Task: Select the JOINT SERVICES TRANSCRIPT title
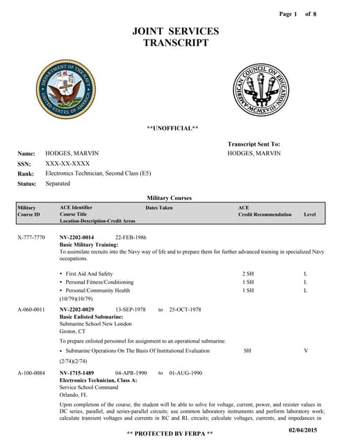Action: (x=175, y=37)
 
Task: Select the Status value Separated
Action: (x=58, y=183)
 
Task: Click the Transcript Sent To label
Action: (x=254, y=144)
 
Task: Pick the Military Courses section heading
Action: (x=170, y=198)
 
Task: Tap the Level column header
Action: (x=310, y=214)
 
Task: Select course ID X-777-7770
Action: (x=31, y=237)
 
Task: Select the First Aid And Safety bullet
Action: (x=89, y=274)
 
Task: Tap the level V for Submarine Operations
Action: (x=306, y=351)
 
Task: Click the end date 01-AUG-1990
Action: (x=185, y=373)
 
